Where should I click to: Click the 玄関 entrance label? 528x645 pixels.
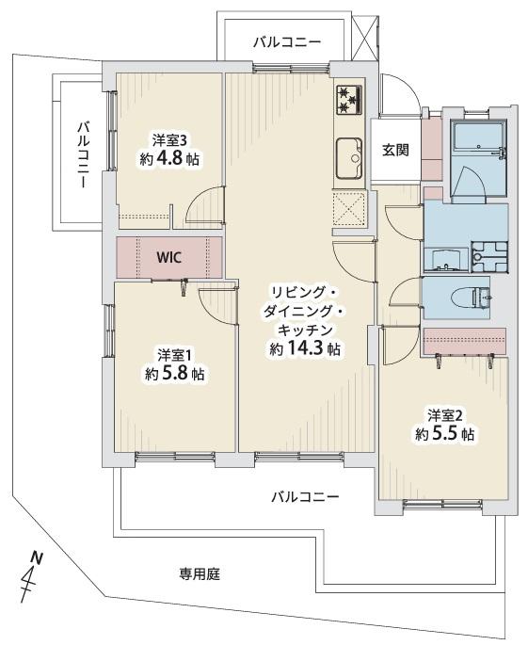tap(395, 148)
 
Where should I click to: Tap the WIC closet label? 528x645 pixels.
tap(169, 255)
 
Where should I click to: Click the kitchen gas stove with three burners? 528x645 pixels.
tap(349, 100)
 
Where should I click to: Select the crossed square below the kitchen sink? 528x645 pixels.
tap(349, 212)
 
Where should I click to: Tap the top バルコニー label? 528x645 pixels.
tap(287, 42)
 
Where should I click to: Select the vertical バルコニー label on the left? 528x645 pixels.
tap(84, 154)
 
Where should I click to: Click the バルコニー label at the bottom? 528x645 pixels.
tap(306, 496)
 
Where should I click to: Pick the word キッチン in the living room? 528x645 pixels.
tap(302, 330)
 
